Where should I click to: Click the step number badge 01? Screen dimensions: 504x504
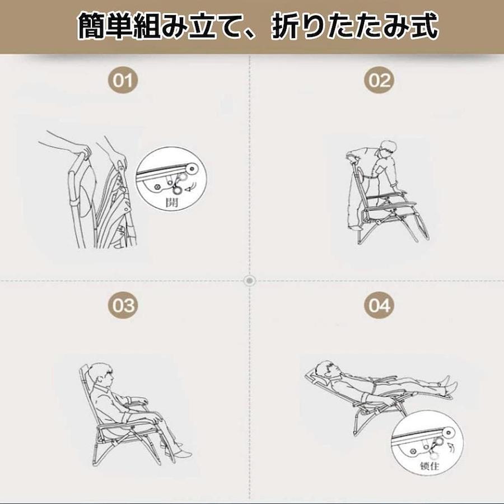[x=123, y=80]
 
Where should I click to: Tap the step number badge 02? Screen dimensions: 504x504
[x=379, y=80]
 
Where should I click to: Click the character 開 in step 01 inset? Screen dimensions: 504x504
[x=172, y=203]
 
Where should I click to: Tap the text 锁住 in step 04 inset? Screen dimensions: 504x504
[x=430, y=466]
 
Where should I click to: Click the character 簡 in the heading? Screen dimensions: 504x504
[x=91, y=26]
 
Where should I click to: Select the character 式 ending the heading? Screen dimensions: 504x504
[x=424, y=26]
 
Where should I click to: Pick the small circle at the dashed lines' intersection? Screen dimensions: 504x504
[x=250, y=281]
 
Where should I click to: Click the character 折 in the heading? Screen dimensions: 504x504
[x=286, y=26]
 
